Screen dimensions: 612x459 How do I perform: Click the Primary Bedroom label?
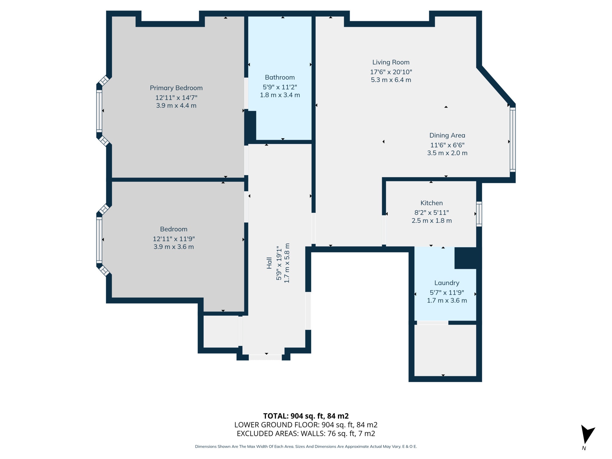[176, 88]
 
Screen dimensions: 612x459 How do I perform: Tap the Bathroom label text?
[280, 77]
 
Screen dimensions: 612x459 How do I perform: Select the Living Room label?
[391, 62]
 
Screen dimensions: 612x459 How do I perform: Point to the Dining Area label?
[447, 135]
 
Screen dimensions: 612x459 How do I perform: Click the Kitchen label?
[432, 203]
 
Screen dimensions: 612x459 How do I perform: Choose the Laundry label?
[447, 283]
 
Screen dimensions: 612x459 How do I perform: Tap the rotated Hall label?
[269, 263]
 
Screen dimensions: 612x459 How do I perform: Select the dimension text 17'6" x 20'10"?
[391, 72]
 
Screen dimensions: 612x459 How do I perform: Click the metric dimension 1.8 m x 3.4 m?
[280, 95]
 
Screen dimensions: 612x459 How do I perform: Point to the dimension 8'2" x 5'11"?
[432, 212]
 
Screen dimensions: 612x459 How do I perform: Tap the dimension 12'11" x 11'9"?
[174, 239]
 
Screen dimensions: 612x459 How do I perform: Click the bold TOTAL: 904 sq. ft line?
[306, 416]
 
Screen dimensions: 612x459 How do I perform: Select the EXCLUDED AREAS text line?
[306, 434]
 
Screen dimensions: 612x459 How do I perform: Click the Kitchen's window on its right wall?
[479, 214]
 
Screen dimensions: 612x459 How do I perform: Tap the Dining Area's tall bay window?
[512, 140]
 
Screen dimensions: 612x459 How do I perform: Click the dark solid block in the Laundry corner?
[466, 258]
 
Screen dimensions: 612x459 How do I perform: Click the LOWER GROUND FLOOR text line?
[306, 425]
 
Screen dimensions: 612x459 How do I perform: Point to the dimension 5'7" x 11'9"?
[447, 293]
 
